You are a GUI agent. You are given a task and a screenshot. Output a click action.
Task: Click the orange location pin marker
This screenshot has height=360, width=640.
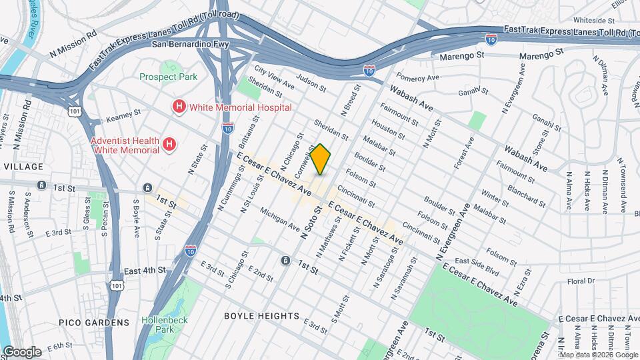(321, 159)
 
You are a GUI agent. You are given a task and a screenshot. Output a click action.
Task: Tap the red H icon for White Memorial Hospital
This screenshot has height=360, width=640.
(178, 107)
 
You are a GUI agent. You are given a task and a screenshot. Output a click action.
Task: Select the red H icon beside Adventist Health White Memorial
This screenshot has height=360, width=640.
(170, 144)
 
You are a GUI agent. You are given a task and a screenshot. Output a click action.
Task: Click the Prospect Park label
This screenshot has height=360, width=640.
(168, 77)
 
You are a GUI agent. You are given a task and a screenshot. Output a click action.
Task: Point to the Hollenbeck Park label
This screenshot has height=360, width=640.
(165, 325)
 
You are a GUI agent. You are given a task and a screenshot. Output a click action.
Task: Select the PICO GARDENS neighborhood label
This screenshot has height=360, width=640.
(94, 323)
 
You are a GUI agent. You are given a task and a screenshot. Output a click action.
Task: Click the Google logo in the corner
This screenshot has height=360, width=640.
(21, 351)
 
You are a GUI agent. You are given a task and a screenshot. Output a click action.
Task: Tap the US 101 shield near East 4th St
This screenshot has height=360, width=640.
(117, 285)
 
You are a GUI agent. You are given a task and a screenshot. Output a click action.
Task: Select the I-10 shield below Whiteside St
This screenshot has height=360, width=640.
(491, 39)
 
